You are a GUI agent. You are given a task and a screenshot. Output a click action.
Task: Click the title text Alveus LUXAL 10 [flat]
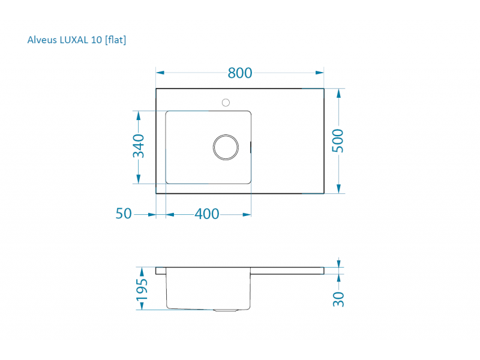click(x=77, y=40)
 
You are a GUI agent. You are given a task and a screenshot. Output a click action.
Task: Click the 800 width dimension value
click(x=240, y=73)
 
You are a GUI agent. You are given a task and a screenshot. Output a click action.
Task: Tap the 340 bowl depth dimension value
click(x=139, y=146)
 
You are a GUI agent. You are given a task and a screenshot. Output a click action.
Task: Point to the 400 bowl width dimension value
click(x=207, y=214)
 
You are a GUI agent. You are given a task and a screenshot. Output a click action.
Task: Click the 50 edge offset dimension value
click(x=124, y=214)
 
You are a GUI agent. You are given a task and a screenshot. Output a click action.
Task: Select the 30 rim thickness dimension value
click(x=339, y=298)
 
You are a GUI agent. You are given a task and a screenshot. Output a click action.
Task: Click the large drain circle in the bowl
click(x=225, y=147)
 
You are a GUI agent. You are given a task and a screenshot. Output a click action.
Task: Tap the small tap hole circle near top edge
click(x=226, y=102)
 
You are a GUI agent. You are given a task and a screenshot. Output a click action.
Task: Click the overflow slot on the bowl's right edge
click(x=250, y=146)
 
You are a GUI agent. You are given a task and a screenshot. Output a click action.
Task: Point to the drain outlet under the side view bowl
click(x=226, y=310)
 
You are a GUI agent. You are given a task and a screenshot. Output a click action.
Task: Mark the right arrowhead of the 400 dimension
click(x=247, y=214)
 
